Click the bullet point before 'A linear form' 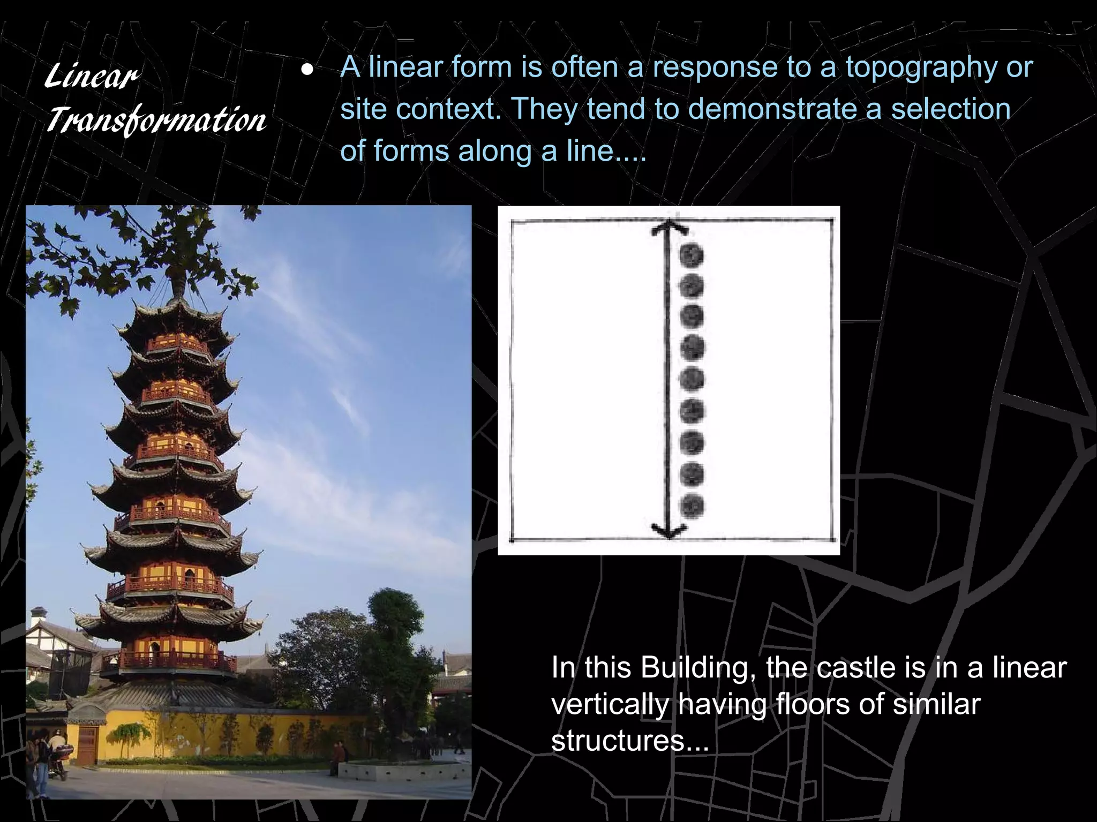tap(306, 70)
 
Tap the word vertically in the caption tap(610, 705)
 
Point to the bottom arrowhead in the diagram tap(669, 531)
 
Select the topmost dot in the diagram tap(692, 255)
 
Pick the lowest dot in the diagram tap(692, 505)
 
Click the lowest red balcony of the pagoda tap(177, 661)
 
